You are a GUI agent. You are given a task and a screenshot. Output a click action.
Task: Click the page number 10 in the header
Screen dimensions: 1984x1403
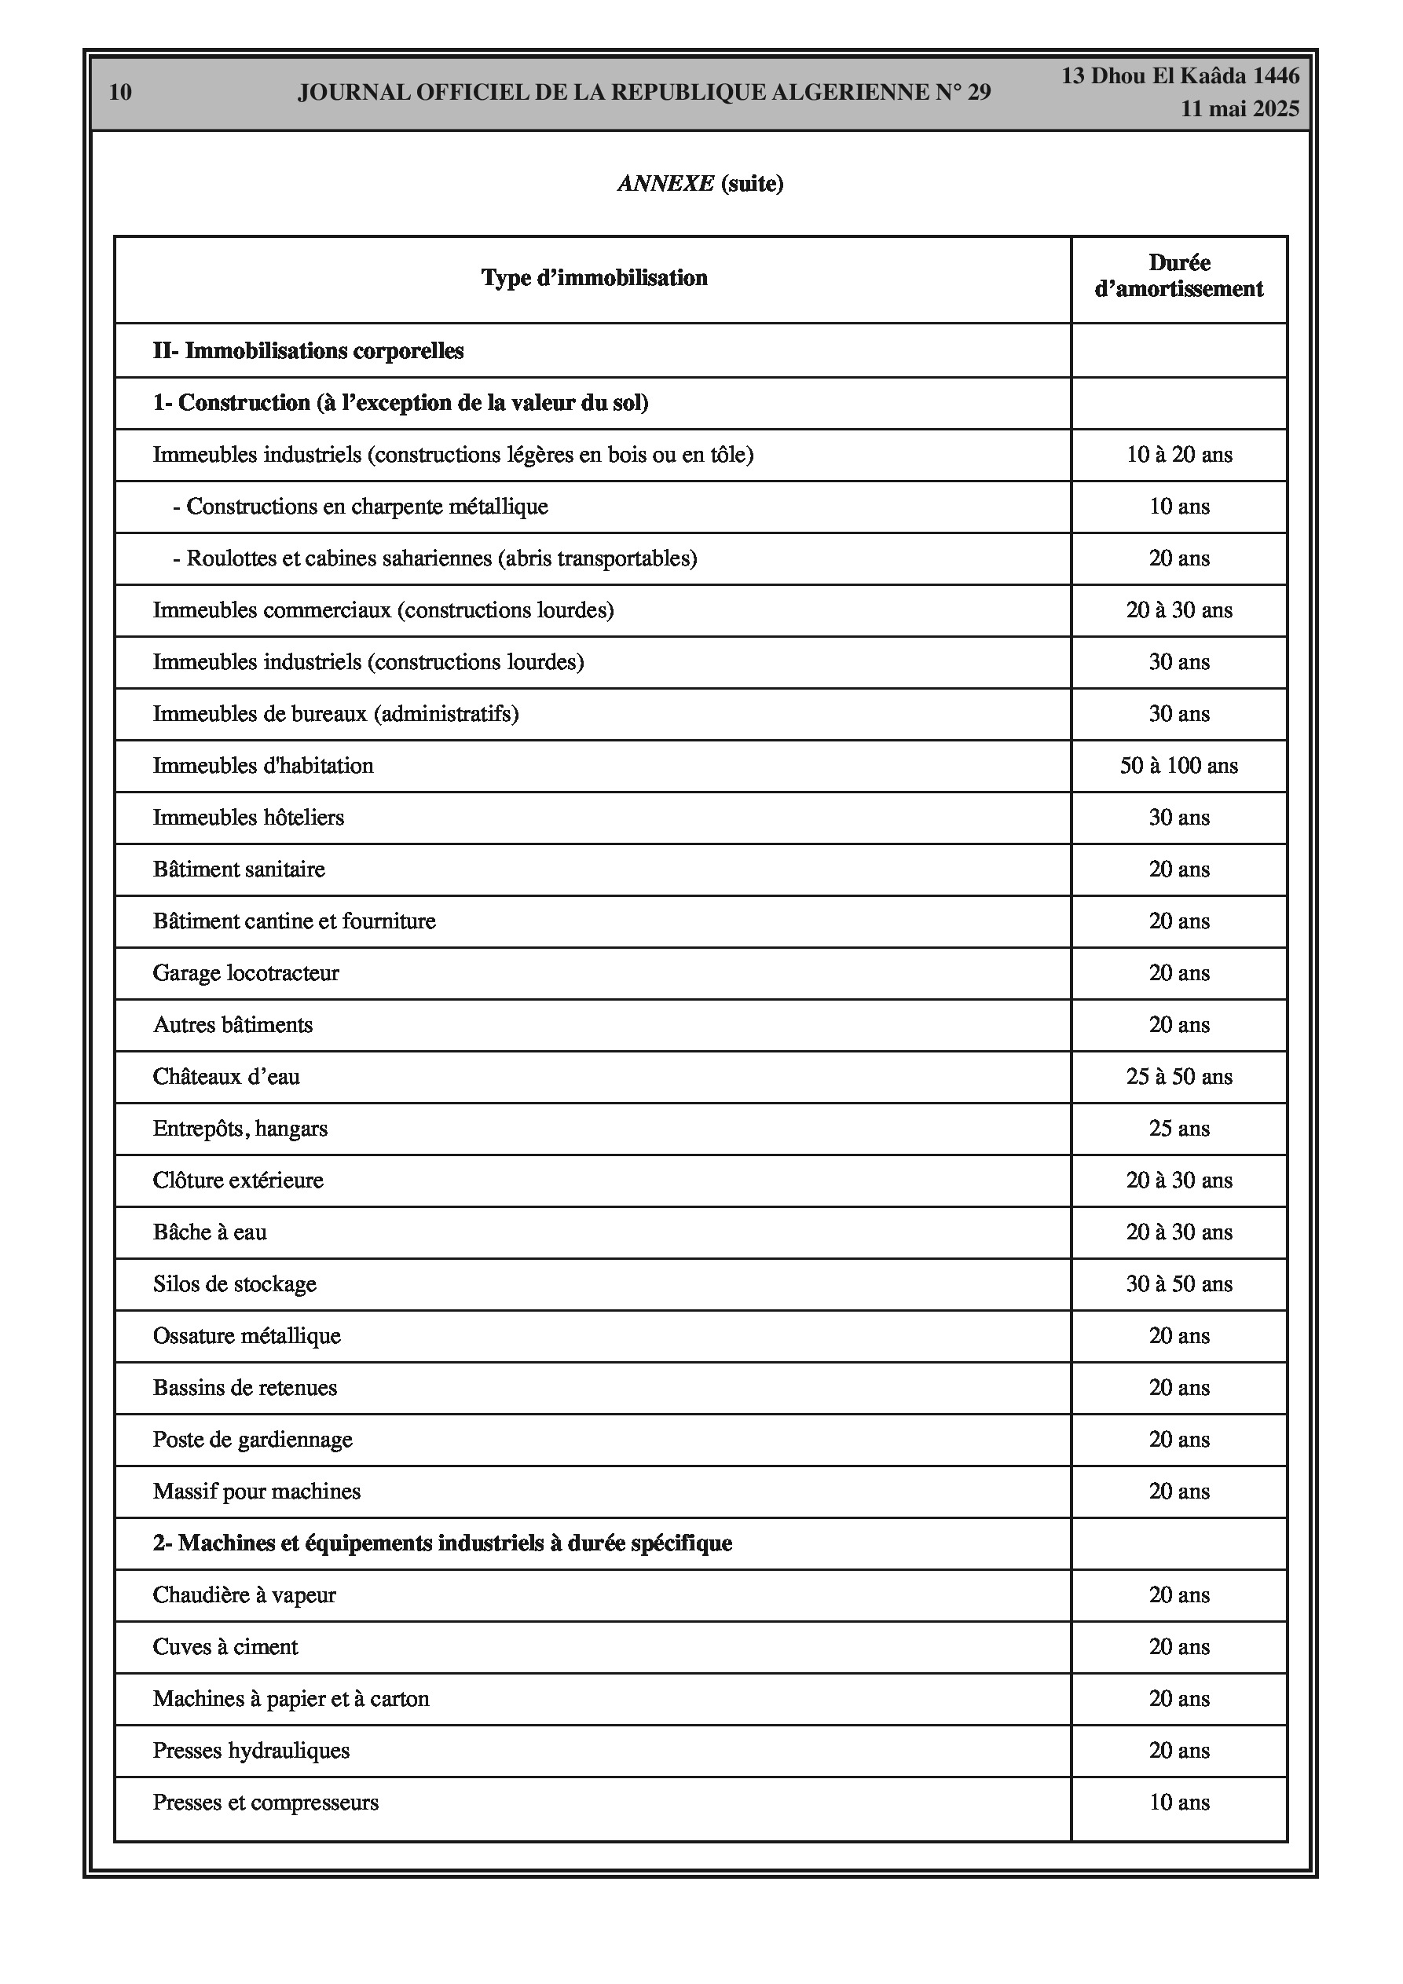tap(120, 93)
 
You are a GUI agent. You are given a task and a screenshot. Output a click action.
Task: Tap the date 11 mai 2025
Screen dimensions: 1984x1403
tap(1240, 109)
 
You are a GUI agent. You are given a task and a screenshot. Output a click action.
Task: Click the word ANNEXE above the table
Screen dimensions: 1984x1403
tap(665, 184)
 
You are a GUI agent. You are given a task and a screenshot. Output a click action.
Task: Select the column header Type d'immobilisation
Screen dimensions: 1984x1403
tap(594, 278)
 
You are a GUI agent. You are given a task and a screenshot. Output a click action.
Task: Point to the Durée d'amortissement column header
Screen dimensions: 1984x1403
tap(1178, 276)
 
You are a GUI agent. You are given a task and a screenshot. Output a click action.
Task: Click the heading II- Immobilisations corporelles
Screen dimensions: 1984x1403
tap(308, 351)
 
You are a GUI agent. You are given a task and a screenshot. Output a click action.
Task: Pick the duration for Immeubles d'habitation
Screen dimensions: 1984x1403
tap(1178, 767)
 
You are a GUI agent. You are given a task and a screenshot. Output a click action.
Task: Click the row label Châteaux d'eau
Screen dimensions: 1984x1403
tap(226, 1078)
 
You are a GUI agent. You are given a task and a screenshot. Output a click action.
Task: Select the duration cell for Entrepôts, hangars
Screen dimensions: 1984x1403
tap(1178, 1129)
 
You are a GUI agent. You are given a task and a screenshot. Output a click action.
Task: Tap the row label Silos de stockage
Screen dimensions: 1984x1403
tap(234, 1285)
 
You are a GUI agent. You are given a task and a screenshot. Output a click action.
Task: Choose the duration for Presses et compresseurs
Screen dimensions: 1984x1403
tap(1178, 1803)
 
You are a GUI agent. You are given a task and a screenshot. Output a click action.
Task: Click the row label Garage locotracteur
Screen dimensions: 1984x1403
tap(246, 974)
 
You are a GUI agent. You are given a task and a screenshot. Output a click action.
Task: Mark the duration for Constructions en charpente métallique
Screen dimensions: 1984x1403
tap(1178, 507)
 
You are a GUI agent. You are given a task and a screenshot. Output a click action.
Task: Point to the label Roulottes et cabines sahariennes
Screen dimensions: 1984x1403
tap(441, 559)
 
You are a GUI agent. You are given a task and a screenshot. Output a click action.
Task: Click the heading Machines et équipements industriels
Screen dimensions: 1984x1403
tap(441, 1544)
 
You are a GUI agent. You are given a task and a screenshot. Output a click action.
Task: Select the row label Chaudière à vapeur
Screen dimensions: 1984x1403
tap(244, 1596)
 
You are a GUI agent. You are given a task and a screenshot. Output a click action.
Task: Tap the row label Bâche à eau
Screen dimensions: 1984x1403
tap(210, 1233)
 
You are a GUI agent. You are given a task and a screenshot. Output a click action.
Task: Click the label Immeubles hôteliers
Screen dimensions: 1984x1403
tap(248, 818)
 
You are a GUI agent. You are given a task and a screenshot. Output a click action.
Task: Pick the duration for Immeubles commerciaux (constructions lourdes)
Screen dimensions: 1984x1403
tap(1178, 611)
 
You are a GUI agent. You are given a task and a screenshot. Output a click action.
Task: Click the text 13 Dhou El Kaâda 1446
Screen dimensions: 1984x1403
tap(1180, 76)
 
